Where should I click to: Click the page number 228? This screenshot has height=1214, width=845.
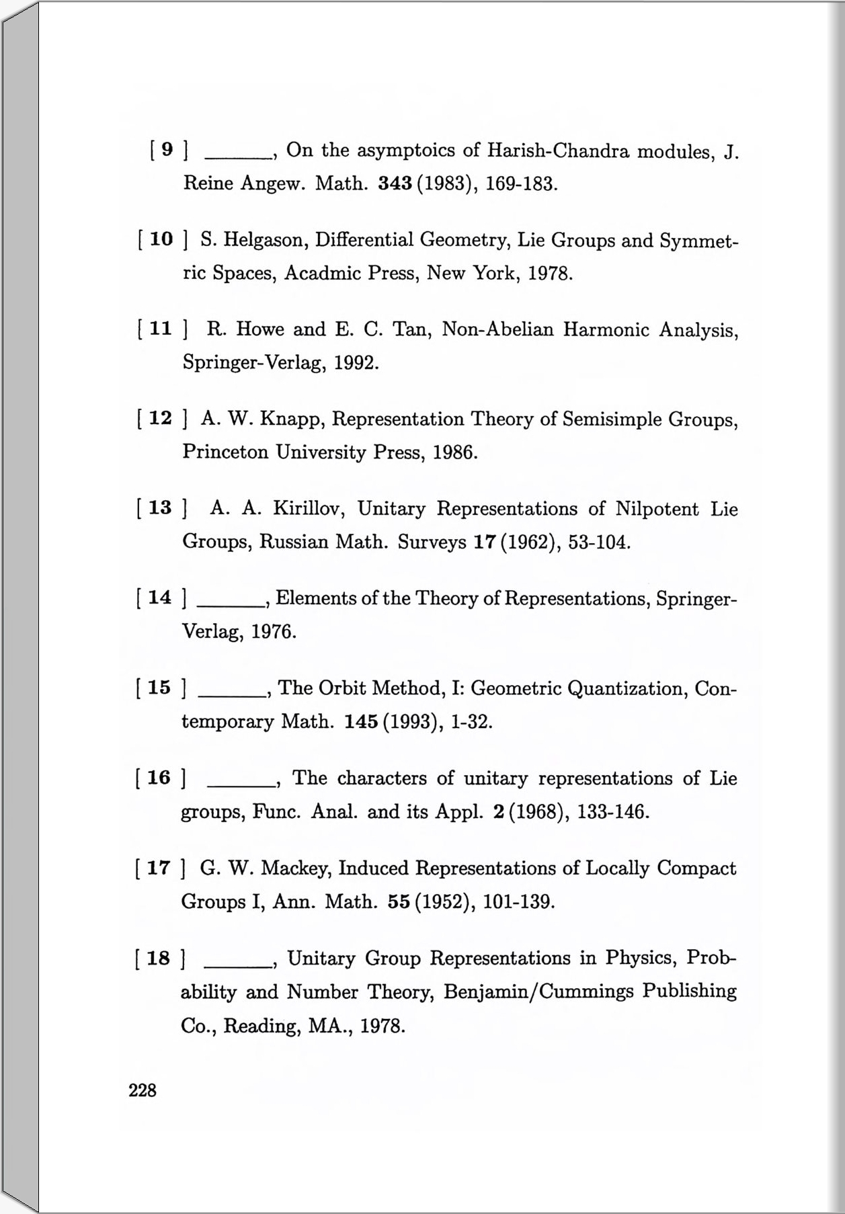(143, 1090)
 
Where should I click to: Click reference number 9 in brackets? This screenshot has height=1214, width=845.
(167, 149)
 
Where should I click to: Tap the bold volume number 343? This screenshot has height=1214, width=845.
(395, 184)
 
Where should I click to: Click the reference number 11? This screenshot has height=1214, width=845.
(160, 329)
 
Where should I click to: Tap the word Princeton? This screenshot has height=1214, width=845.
(225, 452)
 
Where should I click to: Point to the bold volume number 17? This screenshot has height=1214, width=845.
(484, 542)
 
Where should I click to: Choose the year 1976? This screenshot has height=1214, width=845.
(273, 632)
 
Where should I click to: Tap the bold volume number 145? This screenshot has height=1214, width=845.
(361, 722)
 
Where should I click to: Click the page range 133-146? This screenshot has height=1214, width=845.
(612, 812)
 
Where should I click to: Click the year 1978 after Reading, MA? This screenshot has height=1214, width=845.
(382, 1026)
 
